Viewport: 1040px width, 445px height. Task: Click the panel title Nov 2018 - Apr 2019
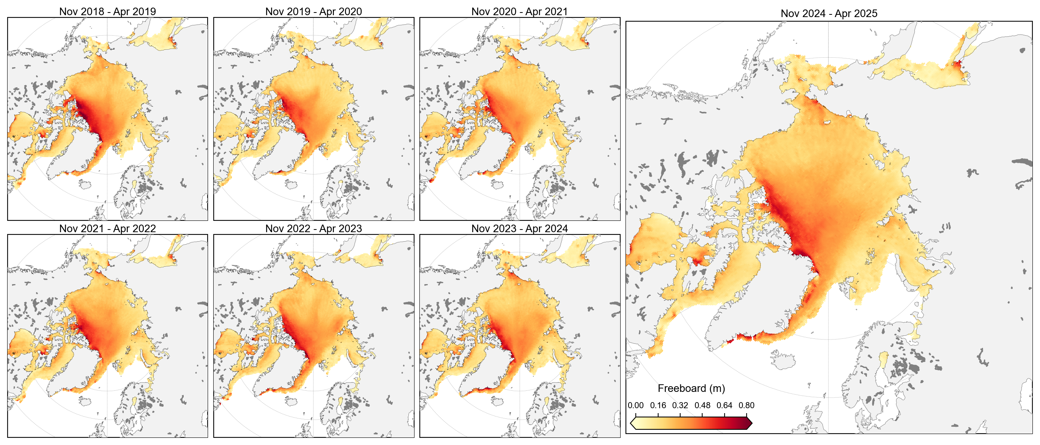tap(107, 11)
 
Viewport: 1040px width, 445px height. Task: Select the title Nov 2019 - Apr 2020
tap(313, 11)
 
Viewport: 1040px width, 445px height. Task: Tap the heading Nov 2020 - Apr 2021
tap(519, 11)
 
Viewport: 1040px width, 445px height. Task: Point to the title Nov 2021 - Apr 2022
tap(107, 228)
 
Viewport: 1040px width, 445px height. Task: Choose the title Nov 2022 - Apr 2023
tap(313, 228)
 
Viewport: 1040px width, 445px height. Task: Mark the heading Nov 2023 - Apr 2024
tap(519, 228)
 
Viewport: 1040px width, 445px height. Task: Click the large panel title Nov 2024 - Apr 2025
tap(829, 13)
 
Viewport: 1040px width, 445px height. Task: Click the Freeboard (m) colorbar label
tap(691, 388)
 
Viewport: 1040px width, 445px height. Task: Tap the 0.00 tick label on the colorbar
tap(635, 405)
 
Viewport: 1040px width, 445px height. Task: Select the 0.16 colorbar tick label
tap(658, 405)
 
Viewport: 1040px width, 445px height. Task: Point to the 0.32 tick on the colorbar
tap(680, 405)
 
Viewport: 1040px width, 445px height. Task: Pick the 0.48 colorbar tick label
tap(702, 405)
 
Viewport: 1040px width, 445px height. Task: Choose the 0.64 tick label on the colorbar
tap(724, 405)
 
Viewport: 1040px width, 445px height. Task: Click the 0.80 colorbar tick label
tap(747, 405)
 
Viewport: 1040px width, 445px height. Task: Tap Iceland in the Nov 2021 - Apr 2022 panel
tap(86, 402)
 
